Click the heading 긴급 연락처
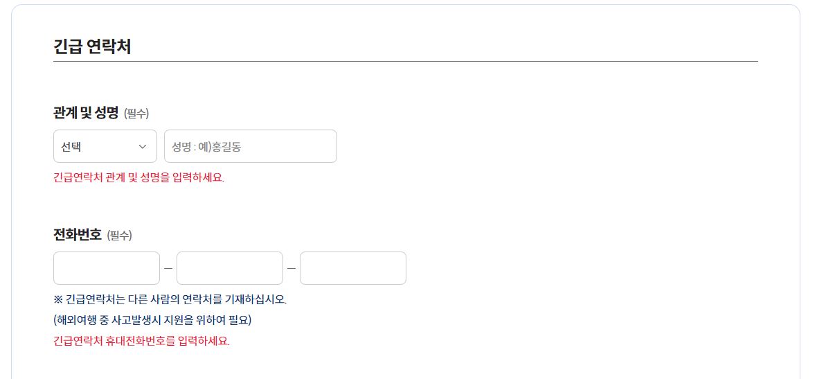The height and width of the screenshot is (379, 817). click(x=92, y=47)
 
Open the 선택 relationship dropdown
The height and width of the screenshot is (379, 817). click(x=105, y=146)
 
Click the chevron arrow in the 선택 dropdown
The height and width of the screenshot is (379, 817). click(x=143, y=146)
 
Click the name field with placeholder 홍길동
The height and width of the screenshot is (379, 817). click(x=250, y=146)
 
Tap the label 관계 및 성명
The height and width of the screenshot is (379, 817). click(x=86, y=112)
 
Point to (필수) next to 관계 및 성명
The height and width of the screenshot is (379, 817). click(x=136, y=113)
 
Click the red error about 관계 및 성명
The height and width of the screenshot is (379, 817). click(x=138, y=177)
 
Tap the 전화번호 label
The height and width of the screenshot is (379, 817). click(x=78, y=234)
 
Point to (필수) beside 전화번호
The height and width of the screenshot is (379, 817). click(x=119, y=236)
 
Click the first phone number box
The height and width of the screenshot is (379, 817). click(x=106, y=268)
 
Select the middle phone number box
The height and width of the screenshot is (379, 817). click(x=229, y=268)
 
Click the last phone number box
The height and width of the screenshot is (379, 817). click(x=352, y=268)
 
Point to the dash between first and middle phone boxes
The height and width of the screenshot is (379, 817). click(x=168, y=268)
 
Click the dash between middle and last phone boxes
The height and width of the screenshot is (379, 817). click(x=291, y=268)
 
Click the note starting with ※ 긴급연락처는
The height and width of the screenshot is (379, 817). click(x=170, y=299)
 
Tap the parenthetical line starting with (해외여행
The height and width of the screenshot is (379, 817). click(x=152, y=320)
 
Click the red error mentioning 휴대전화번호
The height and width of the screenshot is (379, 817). click(x=141, y=341)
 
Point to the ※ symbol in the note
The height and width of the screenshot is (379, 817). click(x=57, y=299)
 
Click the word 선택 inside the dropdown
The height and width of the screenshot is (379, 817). click(x=71, y=146)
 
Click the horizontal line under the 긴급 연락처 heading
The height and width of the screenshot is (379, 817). click(x=405, y=62)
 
